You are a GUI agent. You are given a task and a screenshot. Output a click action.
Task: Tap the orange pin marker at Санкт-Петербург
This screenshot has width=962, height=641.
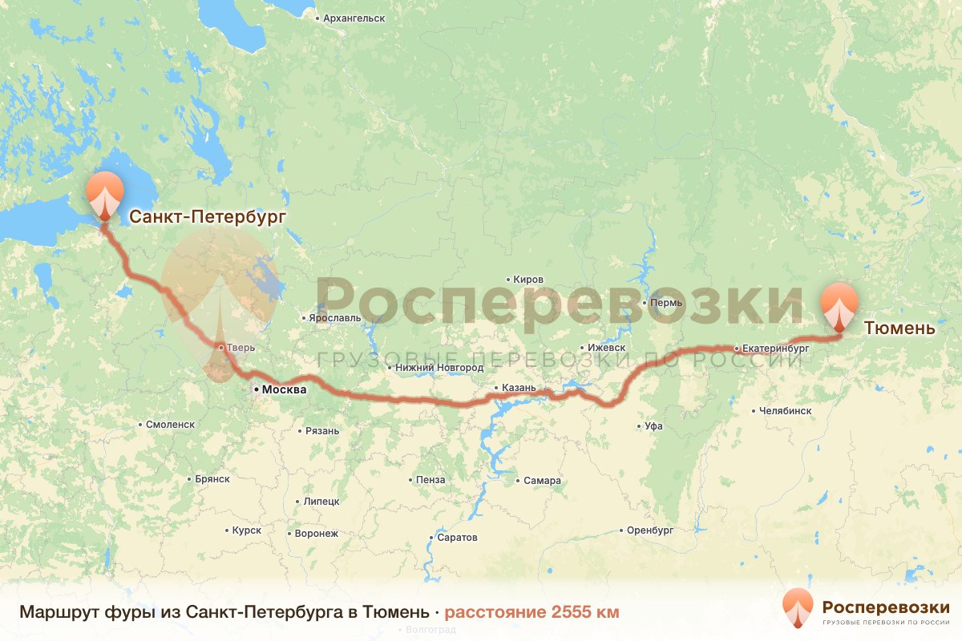coord(105,195)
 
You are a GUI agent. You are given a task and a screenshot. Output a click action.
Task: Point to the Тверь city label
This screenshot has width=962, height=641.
coord(240,348)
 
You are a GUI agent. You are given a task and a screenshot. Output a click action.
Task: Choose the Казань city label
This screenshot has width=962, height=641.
coord(518,388)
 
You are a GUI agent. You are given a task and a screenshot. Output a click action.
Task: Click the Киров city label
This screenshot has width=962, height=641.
coord(527,280)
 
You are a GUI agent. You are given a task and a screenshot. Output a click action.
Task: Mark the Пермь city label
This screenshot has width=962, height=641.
coord(666,303)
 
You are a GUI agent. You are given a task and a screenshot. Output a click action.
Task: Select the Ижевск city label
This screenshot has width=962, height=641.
coord(605,348)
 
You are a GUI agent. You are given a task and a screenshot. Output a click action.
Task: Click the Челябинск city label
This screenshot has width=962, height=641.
coord(785,411)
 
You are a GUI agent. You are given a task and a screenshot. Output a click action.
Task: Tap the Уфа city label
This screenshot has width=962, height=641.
coord(653,426)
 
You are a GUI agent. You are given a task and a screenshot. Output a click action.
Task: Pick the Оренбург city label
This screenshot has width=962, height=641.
coord(649,530)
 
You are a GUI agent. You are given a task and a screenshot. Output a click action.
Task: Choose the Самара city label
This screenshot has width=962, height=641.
coord(542,481)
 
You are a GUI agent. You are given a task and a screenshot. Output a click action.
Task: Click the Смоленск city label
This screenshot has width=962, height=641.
coord(170,425)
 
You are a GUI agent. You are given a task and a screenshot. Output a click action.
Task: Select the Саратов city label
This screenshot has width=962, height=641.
coord(457,538)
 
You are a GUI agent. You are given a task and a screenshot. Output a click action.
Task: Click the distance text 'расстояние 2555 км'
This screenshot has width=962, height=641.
coord(532,613)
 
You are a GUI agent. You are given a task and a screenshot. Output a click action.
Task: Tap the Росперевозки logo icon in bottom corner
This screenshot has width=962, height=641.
coord(798,608)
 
